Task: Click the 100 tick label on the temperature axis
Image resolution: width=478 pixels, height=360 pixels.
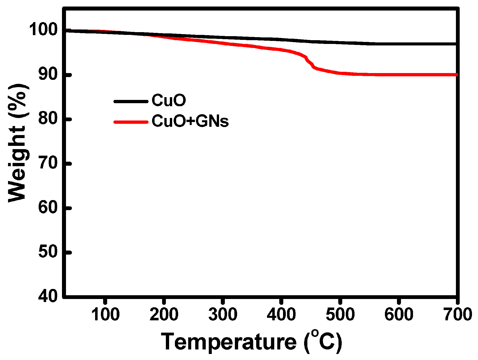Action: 105,315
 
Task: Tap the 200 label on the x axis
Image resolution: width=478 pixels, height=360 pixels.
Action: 164,315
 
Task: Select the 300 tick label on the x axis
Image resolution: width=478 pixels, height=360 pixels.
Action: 223,315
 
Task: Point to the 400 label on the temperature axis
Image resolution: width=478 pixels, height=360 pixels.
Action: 281,315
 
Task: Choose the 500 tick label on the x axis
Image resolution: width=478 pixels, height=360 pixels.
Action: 340,315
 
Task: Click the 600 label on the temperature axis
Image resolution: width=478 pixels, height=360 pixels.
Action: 399,315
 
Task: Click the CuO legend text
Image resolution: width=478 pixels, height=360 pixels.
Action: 169,101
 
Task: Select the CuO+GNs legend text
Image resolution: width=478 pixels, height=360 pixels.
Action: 190,121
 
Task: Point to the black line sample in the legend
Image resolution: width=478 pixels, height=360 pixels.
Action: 131,101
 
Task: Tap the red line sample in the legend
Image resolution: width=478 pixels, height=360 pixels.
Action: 131,122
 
